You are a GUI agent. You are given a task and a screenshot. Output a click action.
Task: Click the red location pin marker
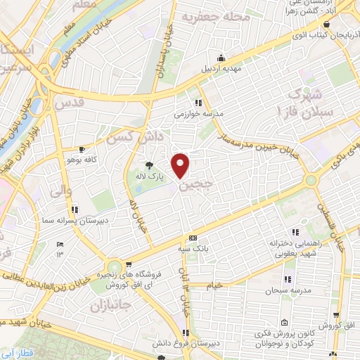click(x=181, y=165)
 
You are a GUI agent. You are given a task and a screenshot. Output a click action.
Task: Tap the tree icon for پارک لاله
click(x=148, y=167)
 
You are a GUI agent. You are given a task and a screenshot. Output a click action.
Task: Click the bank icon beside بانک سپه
click(x=193, y=238)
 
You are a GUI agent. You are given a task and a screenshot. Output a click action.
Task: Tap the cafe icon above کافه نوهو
click(x=83, y=149)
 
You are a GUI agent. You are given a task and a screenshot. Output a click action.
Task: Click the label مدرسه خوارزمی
click(x=199, y=112)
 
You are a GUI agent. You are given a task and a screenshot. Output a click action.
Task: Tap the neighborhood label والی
click(x=62, y=188)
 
